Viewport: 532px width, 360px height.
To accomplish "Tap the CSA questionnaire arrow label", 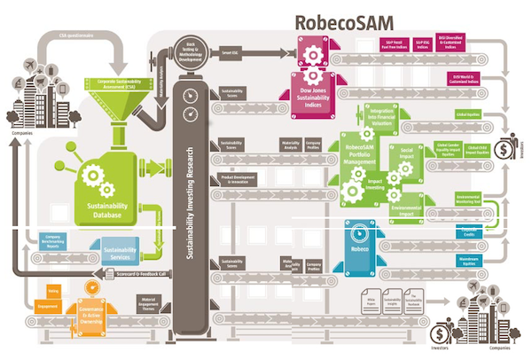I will (x=77, y=36).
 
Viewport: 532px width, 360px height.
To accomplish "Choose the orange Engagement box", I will (x=48, y=307).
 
